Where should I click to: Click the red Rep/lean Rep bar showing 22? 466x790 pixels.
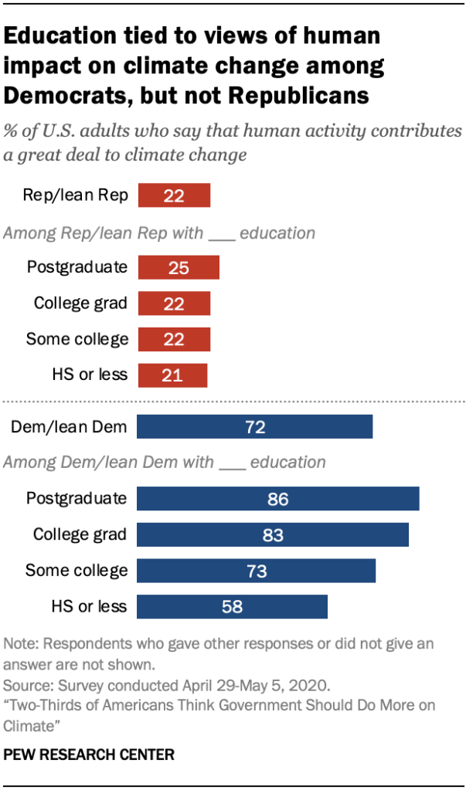point(174,195)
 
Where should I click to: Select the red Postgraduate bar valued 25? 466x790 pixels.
point(179,267)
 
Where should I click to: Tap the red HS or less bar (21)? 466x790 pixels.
point(172,375)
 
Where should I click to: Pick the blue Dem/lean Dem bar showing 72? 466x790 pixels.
point(254,426)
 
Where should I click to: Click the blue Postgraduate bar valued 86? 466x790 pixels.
point(277,498)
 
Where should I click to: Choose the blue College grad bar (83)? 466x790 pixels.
point(272,534)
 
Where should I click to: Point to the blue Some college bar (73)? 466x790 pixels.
point(256,571)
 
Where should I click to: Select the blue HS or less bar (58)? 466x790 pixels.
point(232,606)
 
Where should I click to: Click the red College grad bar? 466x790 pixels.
point(174,303)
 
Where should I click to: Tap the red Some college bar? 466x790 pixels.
point(174,338)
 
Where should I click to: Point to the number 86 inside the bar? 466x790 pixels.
point(277,499)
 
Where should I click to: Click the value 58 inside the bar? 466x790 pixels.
point(232,607)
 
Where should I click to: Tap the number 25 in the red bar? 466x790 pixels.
point(179,267)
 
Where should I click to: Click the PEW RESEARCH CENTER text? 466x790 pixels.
point(90,754)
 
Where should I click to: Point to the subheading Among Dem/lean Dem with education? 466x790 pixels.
point(165,463)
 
